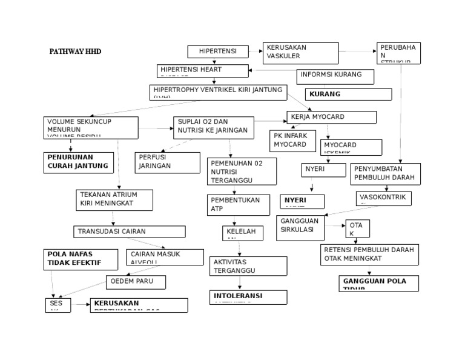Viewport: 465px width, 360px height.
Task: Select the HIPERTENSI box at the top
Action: click(x=217, y=52)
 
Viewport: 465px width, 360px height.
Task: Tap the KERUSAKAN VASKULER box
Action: click(x=300, y=53)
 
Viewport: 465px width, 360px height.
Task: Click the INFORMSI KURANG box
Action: click(x=335, y=76)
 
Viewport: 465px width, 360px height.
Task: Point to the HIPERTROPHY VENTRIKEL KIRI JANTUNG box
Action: click(x=218, y=92)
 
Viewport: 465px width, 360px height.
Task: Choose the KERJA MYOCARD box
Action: click(x=331, y=117)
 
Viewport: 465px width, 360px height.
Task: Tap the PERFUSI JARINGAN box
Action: click(x=167, y=162)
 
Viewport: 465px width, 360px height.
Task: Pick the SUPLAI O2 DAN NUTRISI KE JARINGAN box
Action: click(x=205, y=127)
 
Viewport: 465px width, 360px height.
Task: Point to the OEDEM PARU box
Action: click(x=136, y=282)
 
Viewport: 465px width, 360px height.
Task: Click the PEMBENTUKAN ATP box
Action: click(x=238, y=205)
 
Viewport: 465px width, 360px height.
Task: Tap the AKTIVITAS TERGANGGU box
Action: click(x=240, y=265)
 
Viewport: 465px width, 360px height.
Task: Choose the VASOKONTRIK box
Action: click(x=384, y=198)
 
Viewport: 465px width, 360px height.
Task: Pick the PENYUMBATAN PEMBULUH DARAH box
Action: click(x=386, y=173)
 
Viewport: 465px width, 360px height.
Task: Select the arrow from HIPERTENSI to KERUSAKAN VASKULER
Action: click(x=256, y=52)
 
